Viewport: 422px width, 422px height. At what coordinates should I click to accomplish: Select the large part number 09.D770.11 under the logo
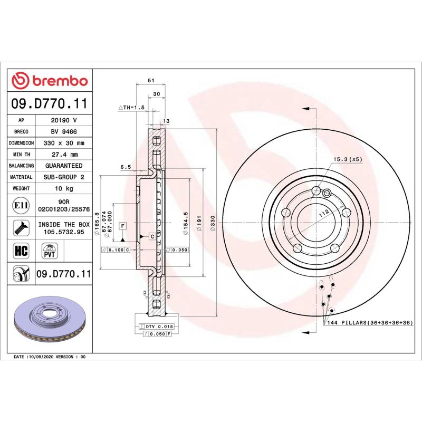[x=49, y=103]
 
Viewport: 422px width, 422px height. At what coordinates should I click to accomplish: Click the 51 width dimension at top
[x=150, y=80]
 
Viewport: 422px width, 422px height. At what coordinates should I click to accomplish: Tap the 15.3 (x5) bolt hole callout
[x=348, y=158]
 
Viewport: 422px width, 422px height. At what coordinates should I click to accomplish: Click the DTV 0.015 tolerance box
[x=159, y=327]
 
